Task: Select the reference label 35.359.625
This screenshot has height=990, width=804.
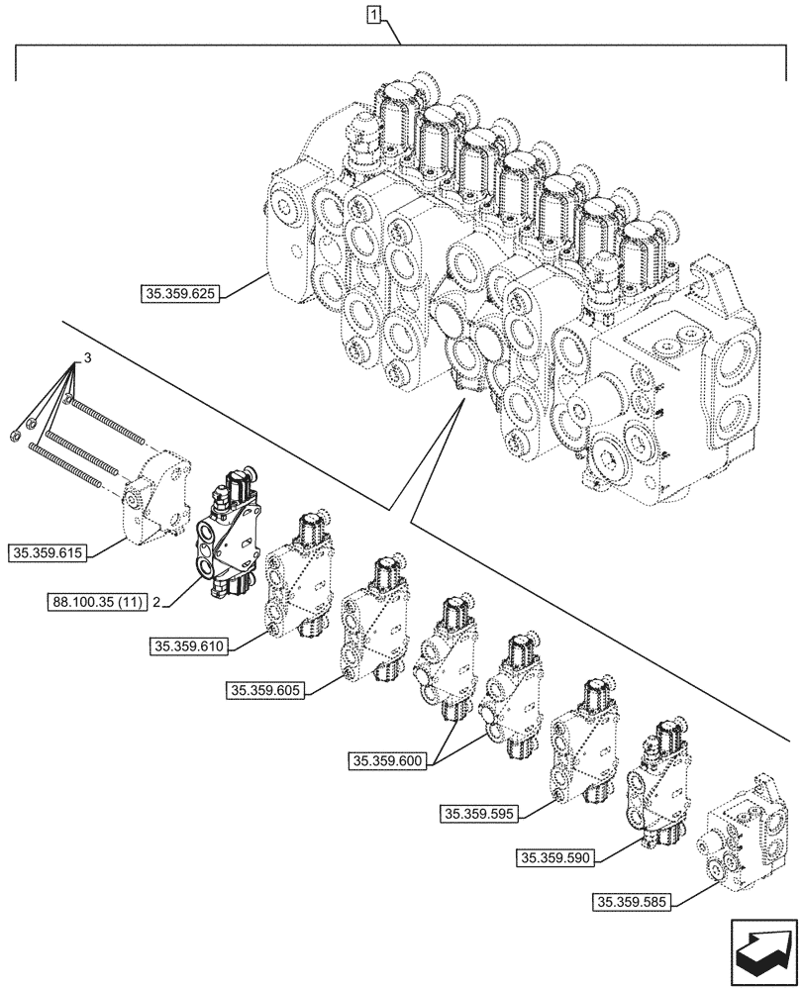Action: point(179,292)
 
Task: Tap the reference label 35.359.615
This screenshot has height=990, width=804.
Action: point(49,551)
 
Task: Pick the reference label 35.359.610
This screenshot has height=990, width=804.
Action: point(191,647)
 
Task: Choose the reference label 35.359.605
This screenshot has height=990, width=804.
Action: point(266,690)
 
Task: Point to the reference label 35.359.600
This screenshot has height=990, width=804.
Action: point(387,761)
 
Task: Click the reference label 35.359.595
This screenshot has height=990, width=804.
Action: point(476,813)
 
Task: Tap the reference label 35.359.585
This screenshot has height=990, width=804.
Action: point(633,903)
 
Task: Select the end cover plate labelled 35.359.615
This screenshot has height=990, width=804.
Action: point(157,495)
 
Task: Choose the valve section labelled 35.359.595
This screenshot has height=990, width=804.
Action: point(586,738)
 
